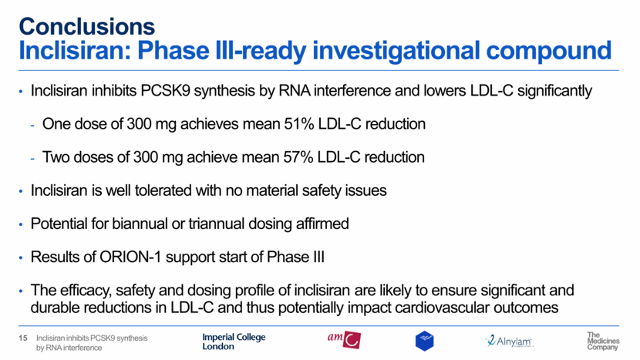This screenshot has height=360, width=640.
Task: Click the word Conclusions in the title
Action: click(x=87, y=26)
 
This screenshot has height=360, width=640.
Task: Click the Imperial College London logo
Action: click(x=234, y=341)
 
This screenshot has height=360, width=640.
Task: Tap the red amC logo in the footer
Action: click(x=344, y=340)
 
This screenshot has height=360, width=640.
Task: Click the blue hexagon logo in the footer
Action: click(x=425, y=341)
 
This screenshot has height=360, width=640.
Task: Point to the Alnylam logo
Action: click(x=509, y=341)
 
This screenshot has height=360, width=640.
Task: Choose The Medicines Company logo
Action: click(x=603, y=341)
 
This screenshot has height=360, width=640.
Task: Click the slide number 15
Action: click(x=23, y=338)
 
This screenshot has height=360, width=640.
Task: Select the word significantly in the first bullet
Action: click(x=554, y=91)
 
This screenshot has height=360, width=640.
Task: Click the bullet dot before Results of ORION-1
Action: click(x=21, y=258)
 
